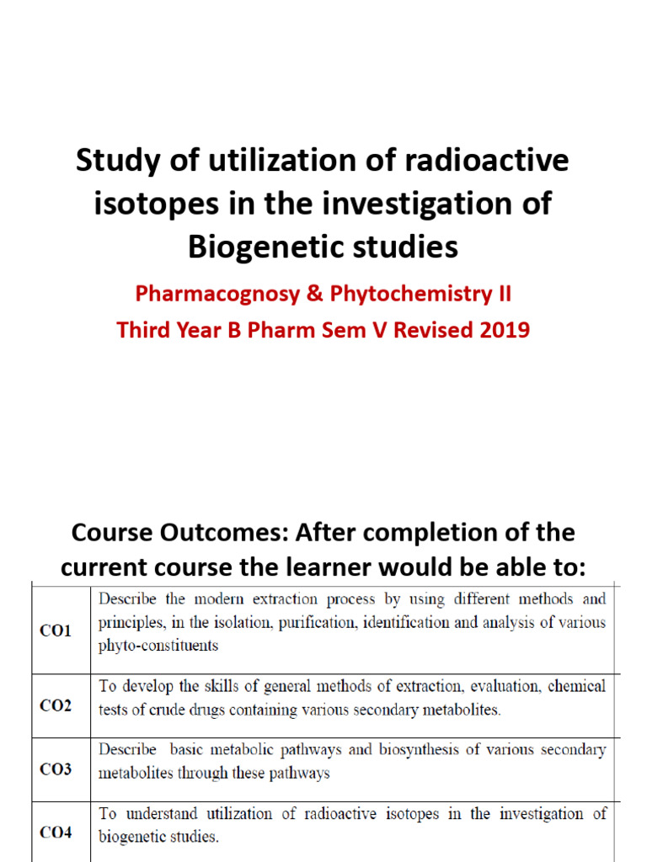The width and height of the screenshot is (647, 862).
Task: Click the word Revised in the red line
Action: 428,329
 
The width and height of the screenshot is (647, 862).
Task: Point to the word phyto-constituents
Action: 158,646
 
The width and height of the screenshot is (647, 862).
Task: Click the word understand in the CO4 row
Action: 158,814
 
